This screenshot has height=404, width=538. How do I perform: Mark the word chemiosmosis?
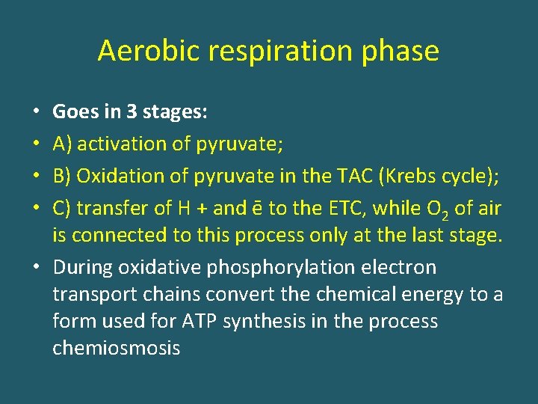[116, 349]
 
